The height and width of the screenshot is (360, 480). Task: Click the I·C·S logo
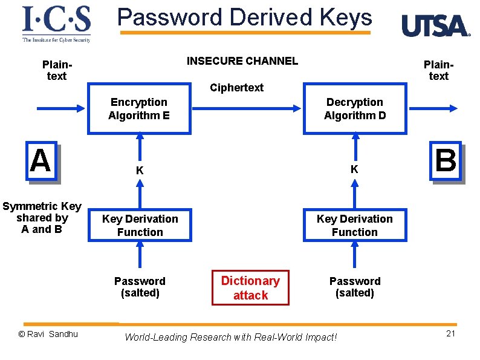[x=56, y=24]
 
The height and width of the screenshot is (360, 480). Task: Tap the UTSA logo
[x=435, y=26]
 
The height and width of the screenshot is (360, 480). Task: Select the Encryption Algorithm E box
[x=140, y=109]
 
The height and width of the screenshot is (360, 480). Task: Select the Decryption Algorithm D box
[x=355, y=109]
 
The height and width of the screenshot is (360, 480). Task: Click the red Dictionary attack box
[x=250, y=288]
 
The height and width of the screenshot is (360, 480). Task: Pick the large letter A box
[x=41, y=161]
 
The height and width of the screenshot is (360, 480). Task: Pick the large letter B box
[x=446, y=161]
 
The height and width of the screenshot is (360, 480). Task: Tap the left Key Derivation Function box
[x=140, y=225]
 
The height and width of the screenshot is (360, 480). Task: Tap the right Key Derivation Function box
[x=355, y=225]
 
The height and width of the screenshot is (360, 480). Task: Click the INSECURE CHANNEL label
[x=242, y=61]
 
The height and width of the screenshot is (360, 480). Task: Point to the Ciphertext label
[x=236, y=88]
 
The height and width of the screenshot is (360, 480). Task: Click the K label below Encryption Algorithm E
[x=140, y=171]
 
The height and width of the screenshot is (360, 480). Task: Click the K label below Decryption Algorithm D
[x=354, y=170]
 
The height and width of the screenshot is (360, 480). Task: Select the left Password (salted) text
[x=140, y=287]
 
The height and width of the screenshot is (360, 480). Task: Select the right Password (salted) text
[x=355, y=287]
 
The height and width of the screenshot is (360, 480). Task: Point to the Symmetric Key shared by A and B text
[x=42, y=218]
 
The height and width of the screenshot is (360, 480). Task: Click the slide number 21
[x=450, y=334]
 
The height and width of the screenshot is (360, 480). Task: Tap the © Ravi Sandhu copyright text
[x=48, y=334]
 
